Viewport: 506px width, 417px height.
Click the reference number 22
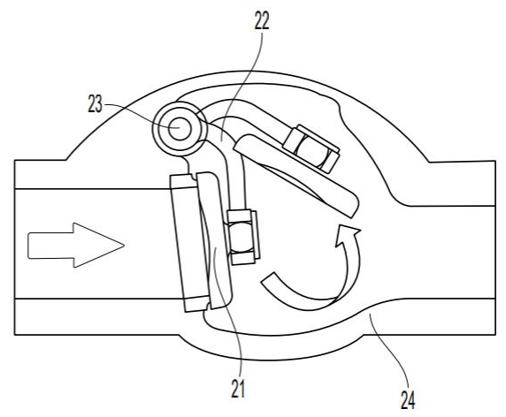point(262,21)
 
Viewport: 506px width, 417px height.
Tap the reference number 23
point(96,104)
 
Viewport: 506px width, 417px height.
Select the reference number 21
point(238,389)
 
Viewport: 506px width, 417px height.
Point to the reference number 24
point(408,400)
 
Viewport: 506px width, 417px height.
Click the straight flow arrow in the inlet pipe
point(76,246)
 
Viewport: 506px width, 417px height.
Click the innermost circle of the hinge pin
point(180,129)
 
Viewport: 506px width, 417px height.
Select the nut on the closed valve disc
point(242,237)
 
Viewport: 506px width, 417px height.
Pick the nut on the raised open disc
point(311,148)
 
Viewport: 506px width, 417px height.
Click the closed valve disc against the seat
point(216,240)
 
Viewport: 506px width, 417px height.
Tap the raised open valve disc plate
point(295,174)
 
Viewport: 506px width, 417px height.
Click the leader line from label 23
point(140,113)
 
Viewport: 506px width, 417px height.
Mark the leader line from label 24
point(389,352)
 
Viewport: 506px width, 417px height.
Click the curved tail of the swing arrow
point(307,294)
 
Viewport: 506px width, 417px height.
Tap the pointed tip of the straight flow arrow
point(124,246)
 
